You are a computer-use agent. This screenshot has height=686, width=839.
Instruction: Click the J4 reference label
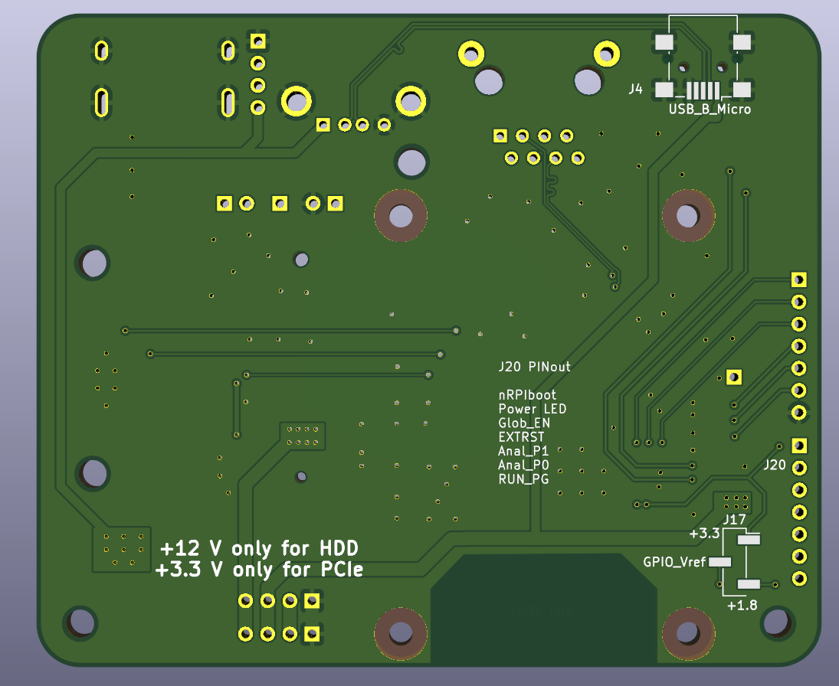coord(635,89)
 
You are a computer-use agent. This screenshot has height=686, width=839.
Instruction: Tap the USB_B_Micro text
coord(710,109)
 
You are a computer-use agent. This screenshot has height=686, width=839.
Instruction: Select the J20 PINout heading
coord(534,367)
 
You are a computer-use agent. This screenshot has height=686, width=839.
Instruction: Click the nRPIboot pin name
coord(527,395)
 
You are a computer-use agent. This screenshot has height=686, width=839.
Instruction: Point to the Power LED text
coord(532,409)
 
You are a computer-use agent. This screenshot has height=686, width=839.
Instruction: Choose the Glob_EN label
coord(524,423)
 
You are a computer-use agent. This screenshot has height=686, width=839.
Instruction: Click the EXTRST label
coord(521,437)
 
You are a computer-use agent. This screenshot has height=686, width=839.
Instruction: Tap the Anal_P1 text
coord(523,451)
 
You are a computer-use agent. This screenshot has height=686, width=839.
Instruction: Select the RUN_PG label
coord(523,479)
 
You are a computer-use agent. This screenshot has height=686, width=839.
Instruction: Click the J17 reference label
coord(734,519)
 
